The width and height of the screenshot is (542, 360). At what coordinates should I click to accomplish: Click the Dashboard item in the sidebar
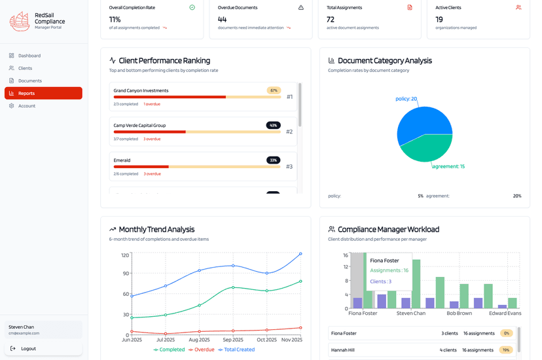pyautogui.click(x=29, y=56)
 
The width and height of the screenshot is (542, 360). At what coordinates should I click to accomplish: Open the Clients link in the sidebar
pyautogui.click(x=25, y=68)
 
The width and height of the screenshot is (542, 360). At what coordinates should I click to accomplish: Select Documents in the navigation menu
pyautogui.click(x=29, y=81)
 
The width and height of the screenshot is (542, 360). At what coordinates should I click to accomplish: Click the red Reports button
pyautogui.click(x=43, y=94)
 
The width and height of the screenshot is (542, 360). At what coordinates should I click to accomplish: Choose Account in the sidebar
pyautogui.click(x=26, y=106)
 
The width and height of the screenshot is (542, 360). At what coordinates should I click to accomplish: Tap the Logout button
pyautogui.click(x=28, y=349)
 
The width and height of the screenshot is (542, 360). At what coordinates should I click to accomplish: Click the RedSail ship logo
pyautogui.click(x=20, y=22)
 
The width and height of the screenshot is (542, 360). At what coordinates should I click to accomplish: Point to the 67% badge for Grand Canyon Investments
pyautogui.click(x=274, y=90)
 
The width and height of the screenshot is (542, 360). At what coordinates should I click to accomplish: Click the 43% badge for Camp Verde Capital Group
pyautogui.click(x=273, y=125)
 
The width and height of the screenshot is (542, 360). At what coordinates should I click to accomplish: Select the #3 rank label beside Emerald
pyautogui.click(x=289, y=167)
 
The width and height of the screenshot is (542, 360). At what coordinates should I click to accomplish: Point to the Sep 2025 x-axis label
pyautogui.click(x=233, y=340)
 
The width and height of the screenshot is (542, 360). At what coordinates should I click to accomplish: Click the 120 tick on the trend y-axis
pyautogui.click(x=124, y=255)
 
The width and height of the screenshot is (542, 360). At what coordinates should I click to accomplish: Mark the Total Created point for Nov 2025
pyautogui.click(x=300, y=253)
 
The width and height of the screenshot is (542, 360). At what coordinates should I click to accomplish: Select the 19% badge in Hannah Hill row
pyautogui.click(x=506, y=350)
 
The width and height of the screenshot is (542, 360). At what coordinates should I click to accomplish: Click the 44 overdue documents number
pyautogui.click(x=222, y=20)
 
